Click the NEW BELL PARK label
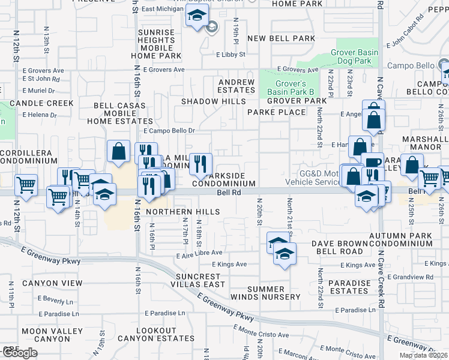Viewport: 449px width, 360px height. (x=281, y=38)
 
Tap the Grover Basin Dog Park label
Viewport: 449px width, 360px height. (x=354, y=57)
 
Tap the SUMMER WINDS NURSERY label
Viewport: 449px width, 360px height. (x=274, y=293)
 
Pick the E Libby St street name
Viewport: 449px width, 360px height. (x=231, y=55)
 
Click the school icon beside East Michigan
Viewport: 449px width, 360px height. (x=196, y=16)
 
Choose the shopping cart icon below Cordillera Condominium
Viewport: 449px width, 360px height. (x=26, y=185)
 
